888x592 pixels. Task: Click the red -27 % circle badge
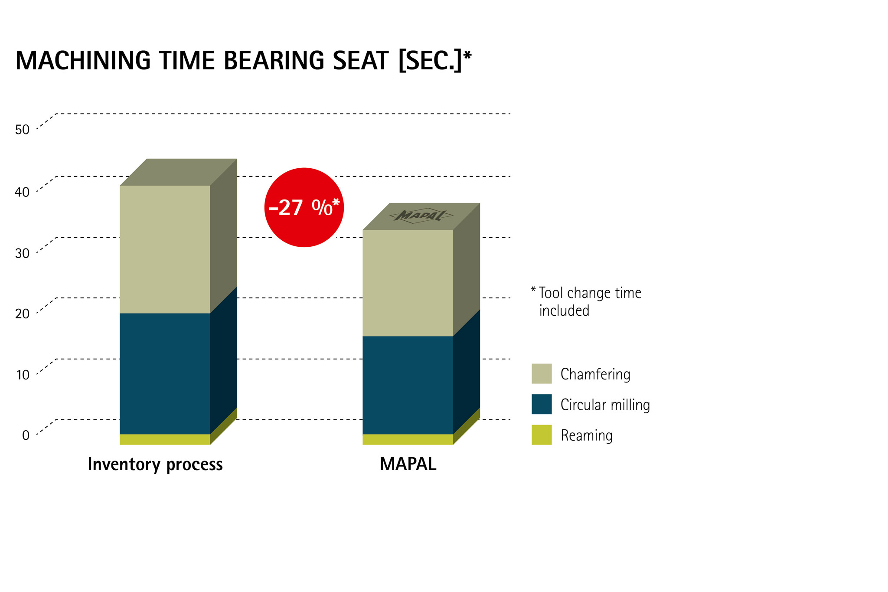[x=304, y=207]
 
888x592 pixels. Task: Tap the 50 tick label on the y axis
[x=22, y=130]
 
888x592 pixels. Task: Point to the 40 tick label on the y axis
[x=22, y=192]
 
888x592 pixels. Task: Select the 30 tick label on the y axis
[x=22, y=253]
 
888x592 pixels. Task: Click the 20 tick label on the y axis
[x=22, y=314]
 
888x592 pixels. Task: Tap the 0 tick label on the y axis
[x=26, y=435]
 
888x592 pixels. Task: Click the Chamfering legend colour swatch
[x=542, y=373]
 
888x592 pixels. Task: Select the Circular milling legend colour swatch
[x=542, y=404]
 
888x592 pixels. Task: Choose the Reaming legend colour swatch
[x=542, y=435]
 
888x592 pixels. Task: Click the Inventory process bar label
[x=155, y=464]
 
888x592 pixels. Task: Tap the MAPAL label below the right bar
[x=408, y=464]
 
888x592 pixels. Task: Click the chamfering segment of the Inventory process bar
[x=165, y=249]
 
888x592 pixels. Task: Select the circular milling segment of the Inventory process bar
[x=165, y=373]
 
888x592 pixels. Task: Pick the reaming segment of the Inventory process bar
[x=165, y=439]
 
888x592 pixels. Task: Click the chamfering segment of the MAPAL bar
[x=408, y=283]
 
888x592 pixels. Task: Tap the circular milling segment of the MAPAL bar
[x=408, y=385]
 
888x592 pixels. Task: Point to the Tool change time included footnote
[x=586, y=301]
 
